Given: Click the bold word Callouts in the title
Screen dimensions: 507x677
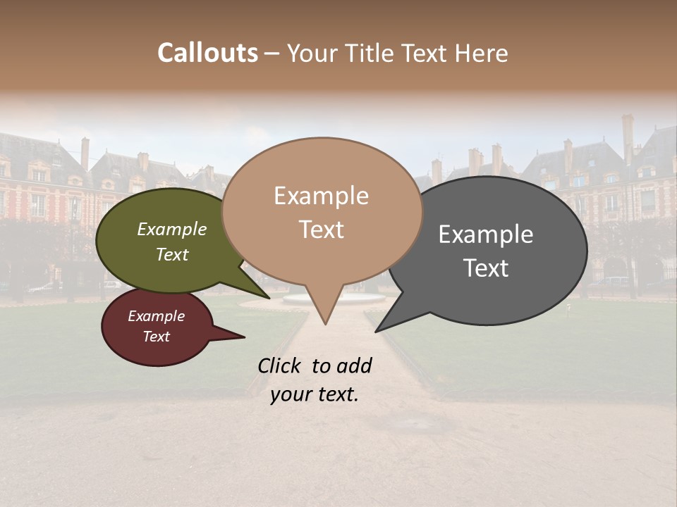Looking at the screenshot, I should tap(207, 53).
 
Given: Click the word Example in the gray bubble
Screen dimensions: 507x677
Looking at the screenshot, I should tap(486, 234).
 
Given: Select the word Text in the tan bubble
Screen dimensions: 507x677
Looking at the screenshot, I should tap(322, 230).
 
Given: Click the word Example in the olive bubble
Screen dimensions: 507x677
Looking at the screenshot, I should tap(171, 230).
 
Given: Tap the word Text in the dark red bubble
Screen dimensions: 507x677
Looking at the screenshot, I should tap(156, 337).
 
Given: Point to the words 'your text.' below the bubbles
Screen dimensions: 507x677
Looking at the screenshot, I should tap(314, 394).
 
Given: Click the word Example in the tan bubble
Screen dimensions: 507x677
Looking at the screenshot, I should tap(321, 196).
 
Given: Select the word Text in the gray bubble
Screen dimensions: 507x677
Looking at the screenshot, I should tap(486, 268).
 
